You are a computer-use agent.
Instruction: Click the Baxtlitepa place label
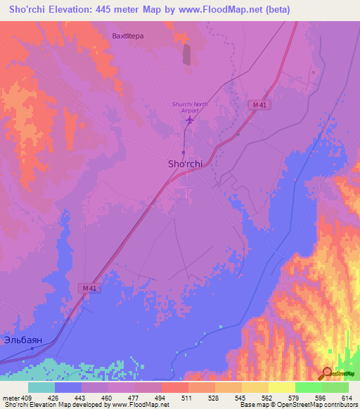(x=127, y=34)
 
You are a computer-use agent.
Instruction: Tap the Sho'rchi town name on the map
(x=186, y=164)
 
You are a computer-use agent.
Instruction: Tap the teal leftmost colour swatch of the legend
(x=41, y=387)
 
